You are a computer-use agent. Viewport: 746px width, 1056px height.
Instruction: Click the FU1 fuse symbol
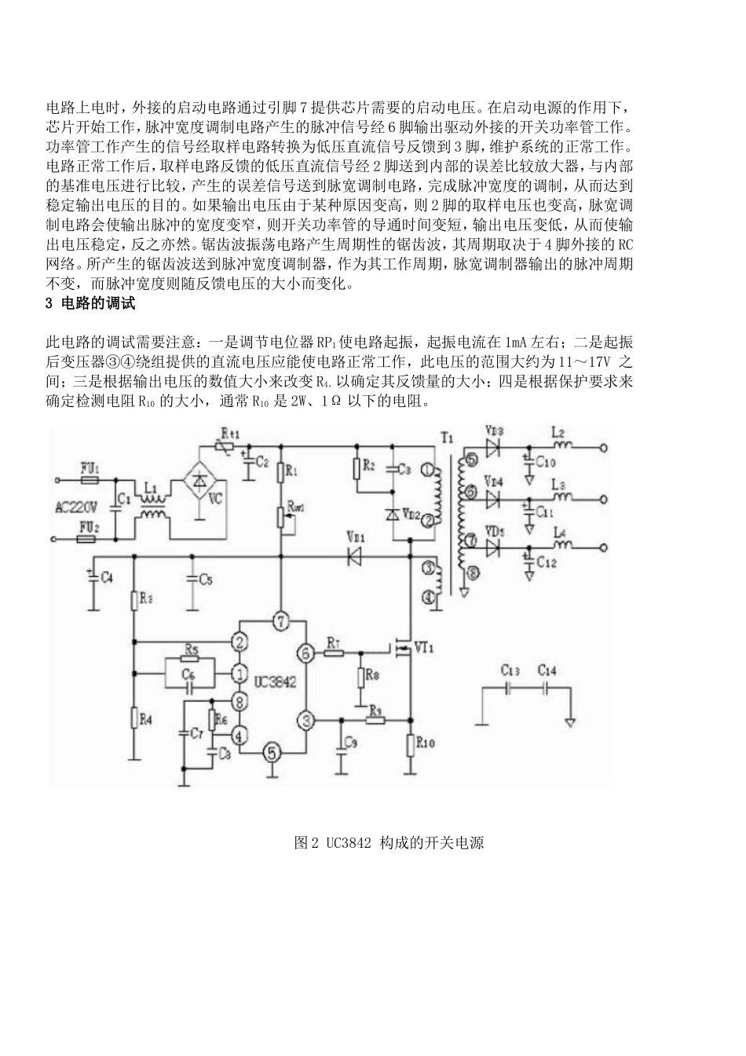tap(90, 478)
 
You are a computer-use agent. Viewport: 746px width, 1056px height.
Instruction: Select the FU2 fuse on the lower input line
tap(90, 539)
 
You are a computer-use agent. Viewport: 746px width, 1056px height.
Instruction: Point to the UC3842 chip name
tap(276, 682)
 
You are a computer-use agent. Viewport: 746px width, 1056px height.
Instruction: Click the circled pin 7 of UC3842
tap(281, 621)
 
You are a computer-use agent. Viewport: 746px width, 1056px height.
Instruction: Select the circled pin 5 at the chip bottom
tap(271, 751)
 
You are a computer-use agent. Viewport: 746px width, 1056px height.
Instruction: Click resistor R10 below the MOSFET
tap(410, 742)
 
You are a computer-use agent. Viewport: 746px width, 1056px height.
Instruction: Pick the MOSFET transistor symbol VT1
tap(402, 648)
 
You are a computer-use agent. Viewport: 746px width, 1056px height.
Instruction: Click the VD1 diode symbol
tap(353, 555)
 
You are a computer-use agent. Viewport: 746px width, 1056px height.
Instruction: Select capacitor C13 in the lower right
tap(510, 688)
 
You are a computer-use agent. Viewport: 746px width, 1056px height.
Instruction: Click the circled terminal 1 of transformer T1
tap(426, 470)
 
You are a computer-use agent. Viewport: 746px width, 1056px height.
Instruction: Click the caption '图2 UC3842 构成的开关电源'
tap(388, 842)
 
